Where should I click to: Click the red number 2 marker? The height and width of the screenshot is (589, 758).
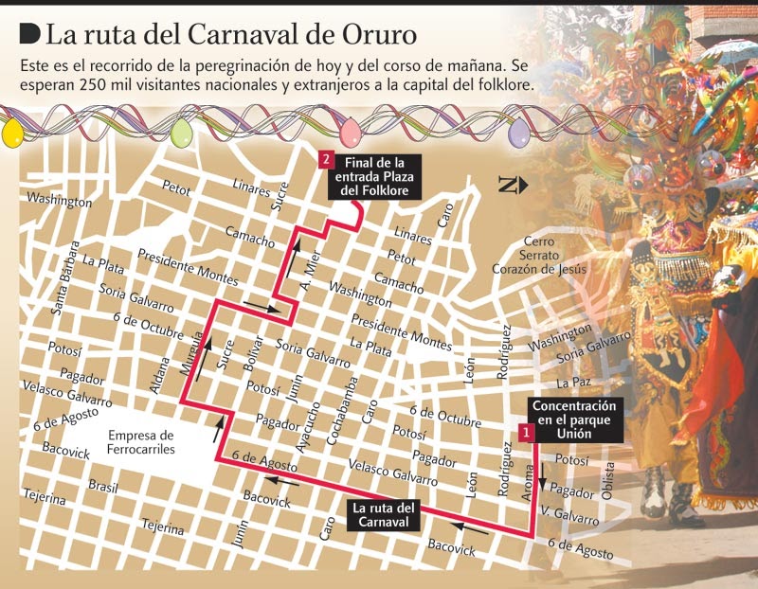coord(326,160)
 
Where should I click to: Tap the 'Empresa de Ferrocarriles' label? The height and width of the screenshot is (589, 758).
coord(141,443)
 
